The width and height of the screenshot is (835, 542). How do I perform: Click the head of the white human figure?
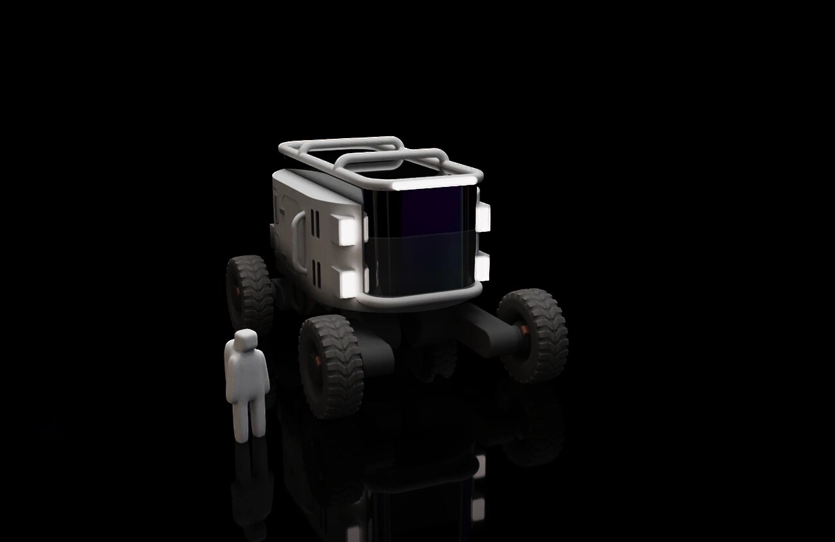point(245,339)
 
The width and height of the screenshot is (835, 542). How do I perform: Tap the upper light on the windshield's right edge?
point(483,216)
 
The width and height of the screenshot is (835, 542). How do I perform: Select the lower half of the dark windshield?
point(424,264)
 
